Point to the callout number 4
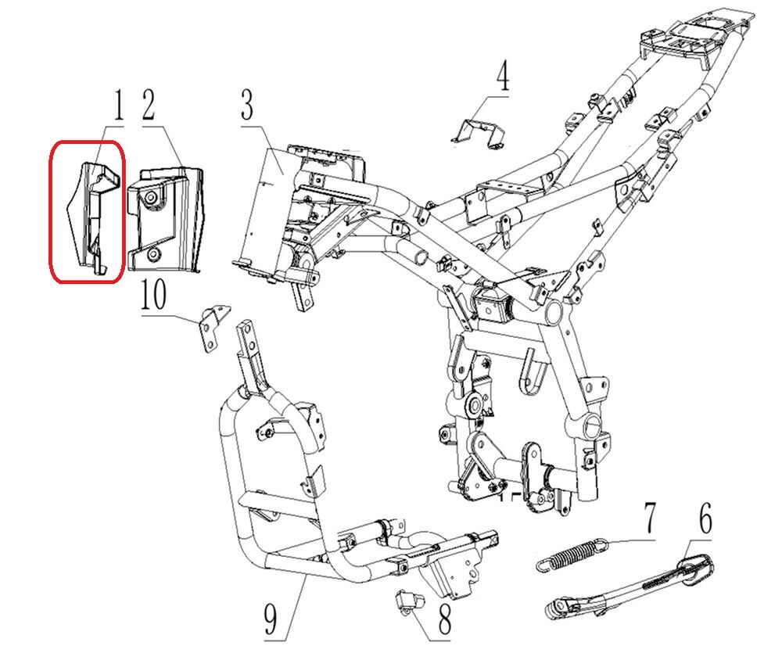(x=503, y=80)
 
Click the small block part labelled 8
(x=408, y=600)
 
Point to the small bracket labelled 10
(x=212, y=328)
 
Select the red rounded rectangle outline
(x=52, y=211)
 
